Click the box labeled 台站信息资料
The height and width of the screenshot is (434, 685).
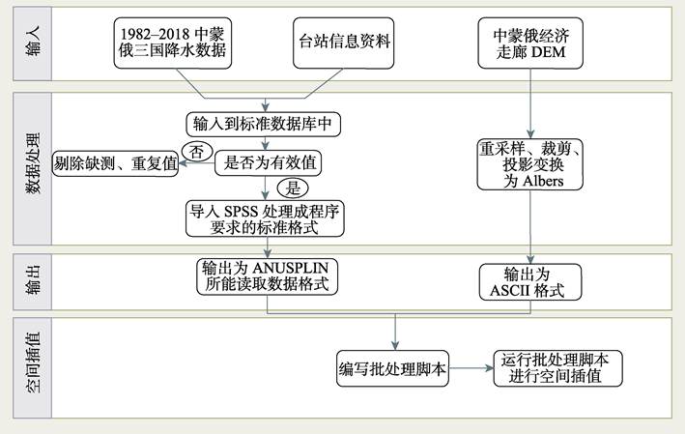343,43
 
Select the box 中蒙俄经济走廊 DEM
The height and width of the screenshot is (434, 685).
530,43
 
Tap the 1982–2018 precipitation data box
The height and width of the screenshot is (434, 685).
173,43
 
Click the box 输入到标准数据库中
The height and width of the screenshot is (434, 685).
264,124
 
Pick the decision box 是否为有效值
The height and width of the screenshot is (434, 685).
269,163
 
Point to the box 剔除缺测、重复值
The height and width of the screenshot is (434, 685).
115,163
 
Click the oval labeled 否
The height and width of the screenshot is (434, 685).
197,152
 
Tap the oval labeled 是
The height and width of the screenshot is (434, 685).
293,188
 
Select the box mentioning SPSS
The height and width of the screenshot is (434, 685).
265,218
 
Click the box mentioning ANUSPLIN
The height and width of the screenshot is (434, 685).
267,276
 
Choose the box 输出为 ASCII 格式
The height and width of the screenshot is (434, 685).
530,282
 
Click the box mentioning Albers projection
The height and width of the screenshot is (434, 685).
530,164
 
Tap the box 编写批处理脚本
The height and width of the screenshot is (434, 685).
392,368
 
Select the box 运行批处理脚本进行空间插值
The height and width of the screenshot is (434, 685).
557,368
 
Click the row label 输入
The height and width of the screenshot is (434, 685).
33,42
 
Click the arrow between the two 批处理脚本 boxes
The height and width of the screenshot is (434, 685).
471,368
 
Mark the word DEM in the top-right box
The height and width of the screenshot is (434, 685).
547,52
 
